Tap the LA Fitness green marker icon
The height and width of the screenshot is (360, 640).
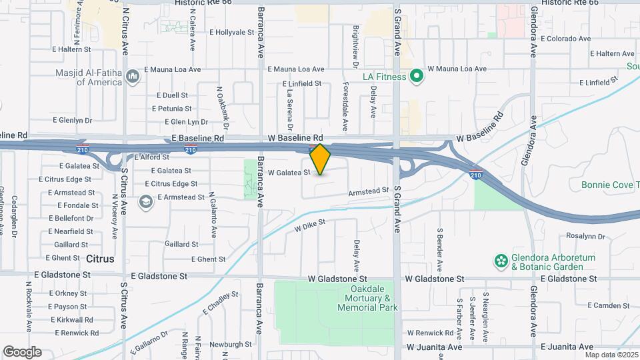417,77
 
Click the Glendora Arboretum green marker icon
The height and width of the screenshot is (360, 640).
500,259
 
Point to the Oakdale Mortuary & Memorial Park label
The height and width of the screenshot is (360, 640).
367,298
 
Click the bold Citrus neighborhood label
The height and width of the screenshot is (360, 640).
100,258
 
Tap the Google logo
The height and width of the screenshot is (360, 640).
21,352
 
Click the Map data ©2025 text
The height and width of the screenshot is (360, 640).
611,355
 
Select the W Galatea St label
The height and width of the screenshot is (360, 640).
289,173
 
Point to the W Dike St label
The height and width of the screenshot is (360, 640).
309,225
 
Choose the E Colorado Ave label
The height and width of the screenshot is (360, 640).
566,39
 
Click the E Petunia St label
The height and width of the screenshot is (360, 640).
171,108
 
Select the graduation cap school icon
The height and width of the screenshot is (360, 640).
145,201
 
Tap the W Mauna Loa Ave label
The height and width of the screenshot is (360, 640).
457,69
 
